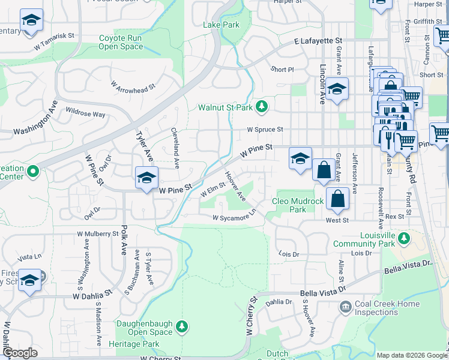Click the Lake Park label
pyautogui.click(x=221, y=25)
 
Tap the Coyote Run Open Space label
pyautogui.click(x=121, y=42)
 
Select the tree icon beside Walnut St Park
pyautogui.click(x=262, y=107)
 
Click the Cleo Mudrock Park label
pyautogui.click(x=298, y=205)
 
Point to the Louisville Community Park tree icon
pyautogui.click(x=405, y=239)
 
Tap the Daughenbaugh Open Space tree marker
pyautogui.click(x=182, y=327)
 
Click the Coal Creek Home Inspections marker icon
pyautogui.click(x=346, y=308)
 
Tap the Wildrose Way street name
pyautogui.click(x=85, y=113)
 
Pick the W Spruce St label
pyautogui.click(x=265, y=129)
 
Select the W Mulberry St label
pyautogui.click(x=98, y=233)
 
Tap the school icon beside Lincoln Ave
pyautogui.click(x=337, y=89)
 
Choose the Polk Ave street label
pyautogui.click(x=125, y=242)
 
